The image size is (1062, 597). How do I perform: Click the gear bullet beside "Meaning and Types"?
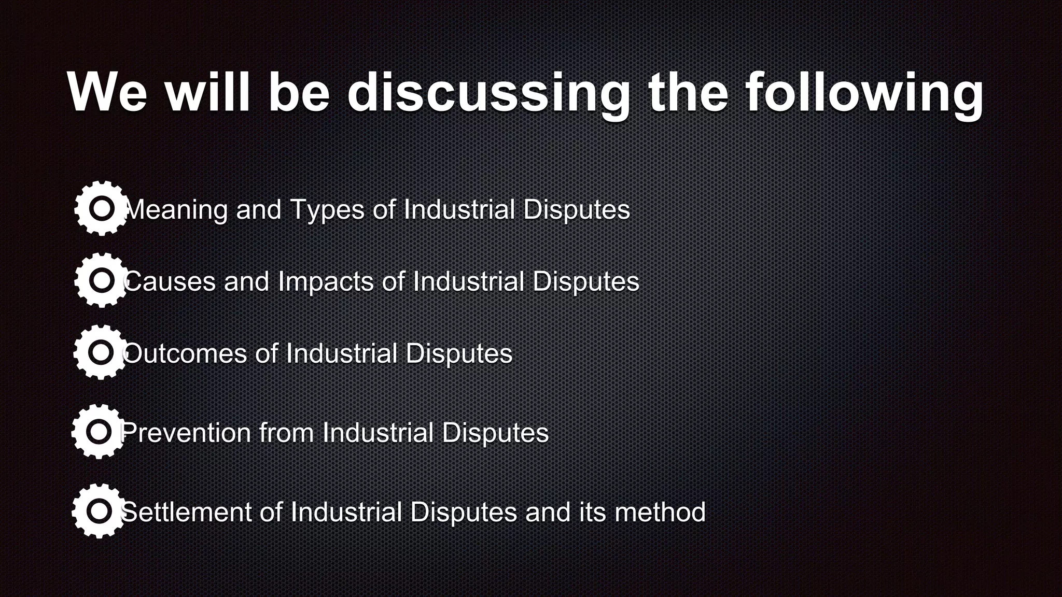102,208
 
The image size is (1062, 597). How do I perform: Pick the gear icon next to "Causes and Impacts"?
102,280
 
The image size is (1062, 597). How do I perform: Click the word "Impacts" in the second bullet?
326,282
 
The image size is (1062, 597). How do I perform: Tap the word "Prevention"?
186,433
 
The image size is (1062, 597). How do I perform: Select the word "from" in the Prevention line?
286,433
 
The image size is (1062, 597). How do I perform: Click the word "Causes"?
169,282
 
